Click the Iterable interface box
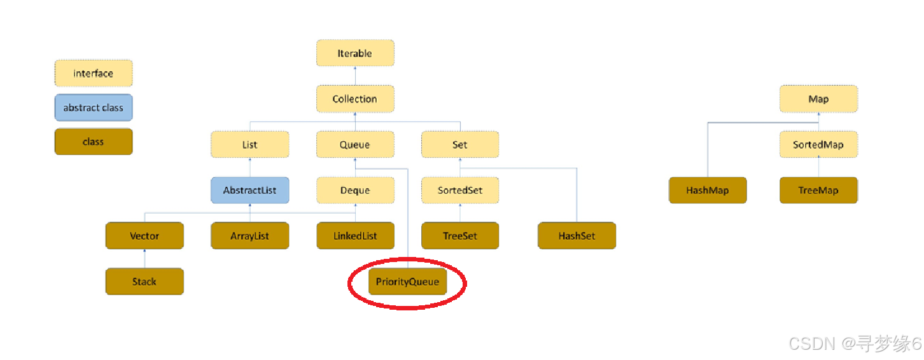[x=355, y=53]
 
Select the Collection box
[x=355, y=99]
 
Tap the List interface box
[x=249, y=145]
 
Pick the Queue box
[x=355, y=145]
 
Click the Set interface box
[x=460, y=145]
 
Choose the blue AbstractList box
[x=249, y=190]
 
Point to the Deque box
[x=355, y=190]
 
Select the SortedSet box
[x=460, y=190]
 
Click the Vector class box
[x=144, y=236]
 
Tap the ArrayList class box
[x=249, y=236]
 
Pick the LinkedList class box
[x=355, y=236]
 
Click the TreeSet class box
[x=460, y=236]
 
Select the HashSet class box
[x=577, y=236]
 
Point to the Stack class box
[x=144, y=282]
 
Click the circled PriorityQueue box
[x=407, y=282]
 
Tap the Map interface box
[x=818, y=99]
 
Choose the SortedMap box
[x=818, y=145]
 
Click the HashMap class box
[x=708, y=190]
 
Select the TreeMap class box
[x=818, y=190]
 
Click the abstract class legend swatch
[x=94, y=108]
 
